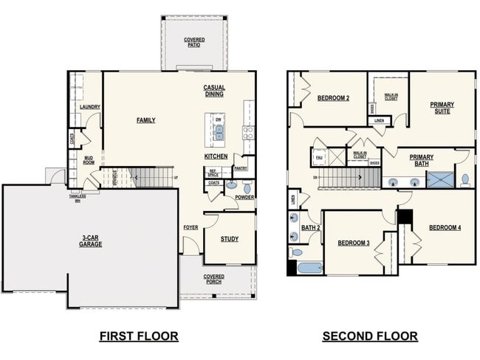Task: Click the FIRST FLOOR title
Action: pyautogui.click(x=139, y=336)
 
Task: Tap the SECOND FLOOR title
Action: pyautogui.click(x=369, y=336)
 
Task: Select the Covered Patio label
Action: pyautogui.click(x=195, y=43)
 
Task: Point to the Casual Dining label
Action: pyautogui.click(x=214, y=91)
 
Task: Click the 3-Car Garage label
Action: pyautogui.click(x=91, y=240)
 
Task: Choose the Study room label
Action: pyautogui.click(x=229, y=239)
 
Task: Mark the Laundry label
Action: pyautogui.click(x=89, y=107)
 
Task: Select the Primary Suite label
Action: pyautogui.click(x=442, y=108)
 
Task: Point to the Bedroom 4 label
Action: pyautogui.click(x=445, y=228)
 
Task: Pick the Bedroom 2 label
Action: pyautogui.click(x=333, y=98)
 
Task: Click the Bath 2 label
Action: pyautogui.click(x=310, y=228)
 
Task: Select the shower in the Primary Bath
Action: pyautogui.click(x=441, y=180)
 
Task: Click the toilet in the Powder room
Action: pyautogui.click(x=247, y=188)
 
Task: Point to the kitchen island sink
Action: pyautogui.click(x=219, y=132)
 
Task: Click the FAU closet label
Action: pyautogui.click(x=319, y=157)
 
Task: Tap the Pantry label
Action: pyautogui.click(x=241, y=168)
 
